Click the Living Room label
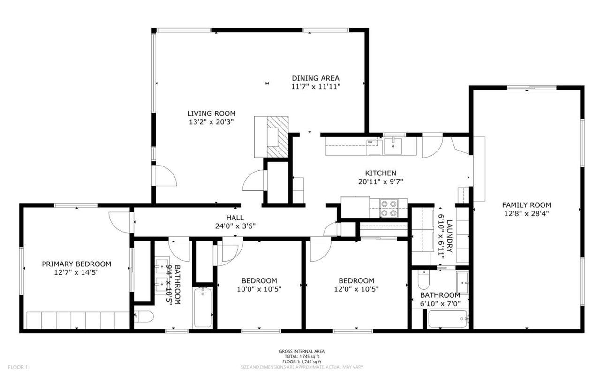pos(211,113)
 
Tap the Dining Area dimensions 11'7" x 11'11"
pos(315,87)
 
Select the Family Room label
pos(526,205)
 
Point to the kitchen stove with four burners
pos(388,208)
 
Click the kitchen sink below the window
pos(393,146)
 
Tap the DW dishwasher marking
pos(370,142)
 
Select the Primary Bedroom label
pos(76,264)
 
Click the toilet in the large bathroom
pos(144,317)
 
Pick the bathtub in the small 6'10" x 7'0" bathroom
pos(448,320)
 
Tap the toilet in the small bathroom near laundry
pos(423,281)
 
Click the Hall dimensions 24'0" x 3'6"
pos(234,226)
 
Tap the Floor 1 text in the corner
pos(18,366)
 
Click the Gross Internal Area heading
pos(302,351)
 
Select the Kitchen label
pos(380,173)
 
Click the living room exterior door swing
pos(165,176)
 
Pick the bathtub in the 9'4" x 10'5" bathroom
pos(203,307)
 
